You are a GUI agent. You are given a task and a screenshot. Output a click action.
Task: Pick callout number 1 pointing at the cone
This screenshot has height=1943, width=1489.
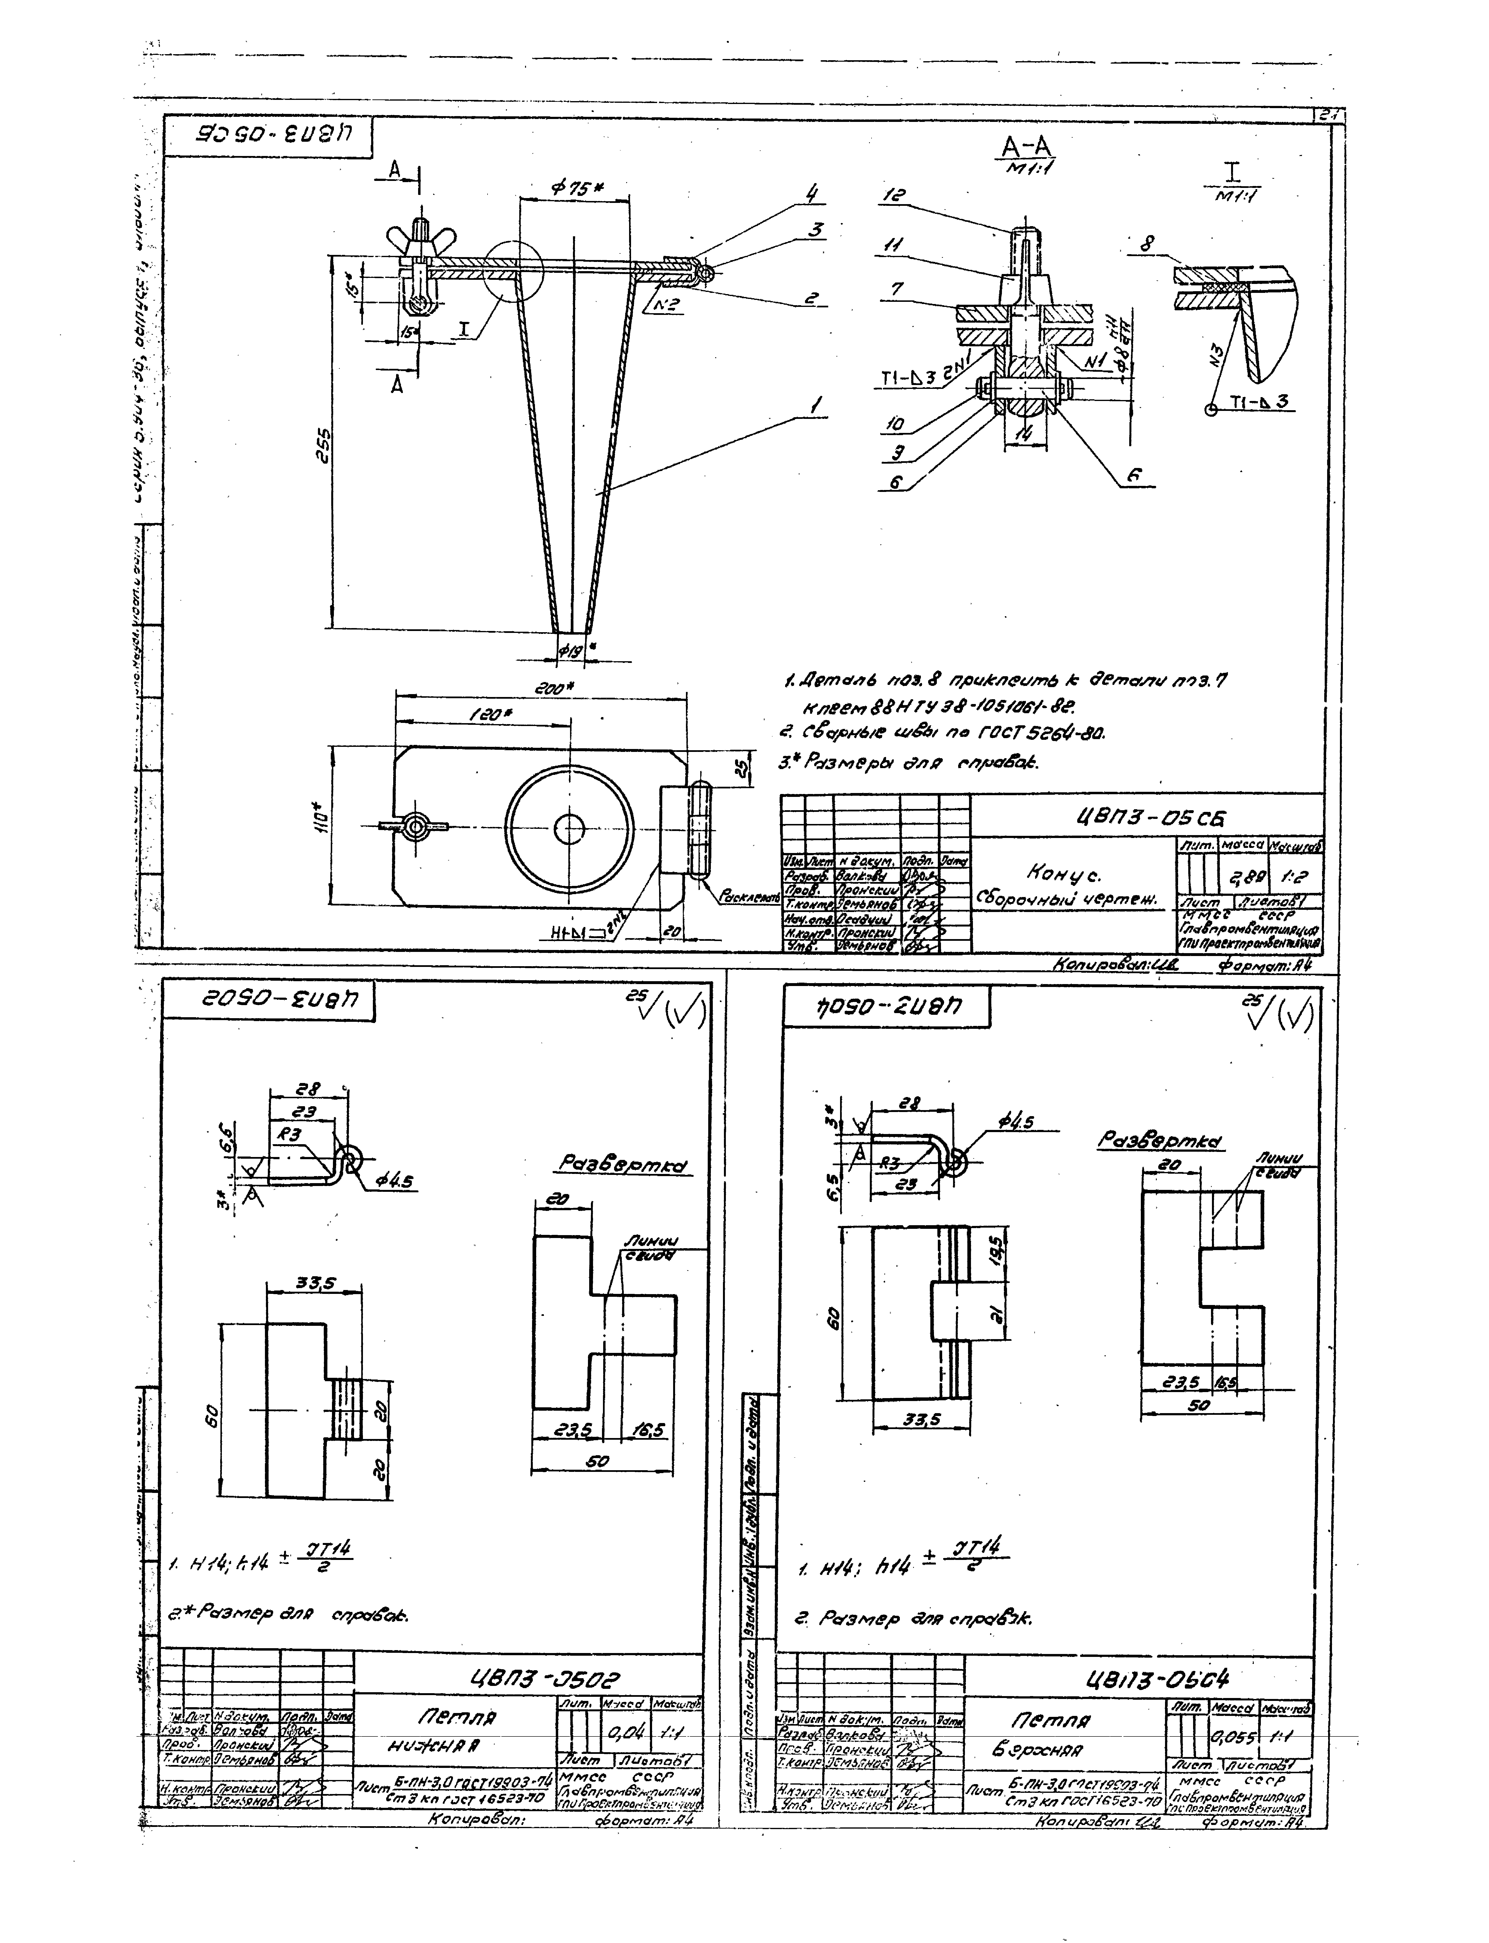point(815,407)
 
